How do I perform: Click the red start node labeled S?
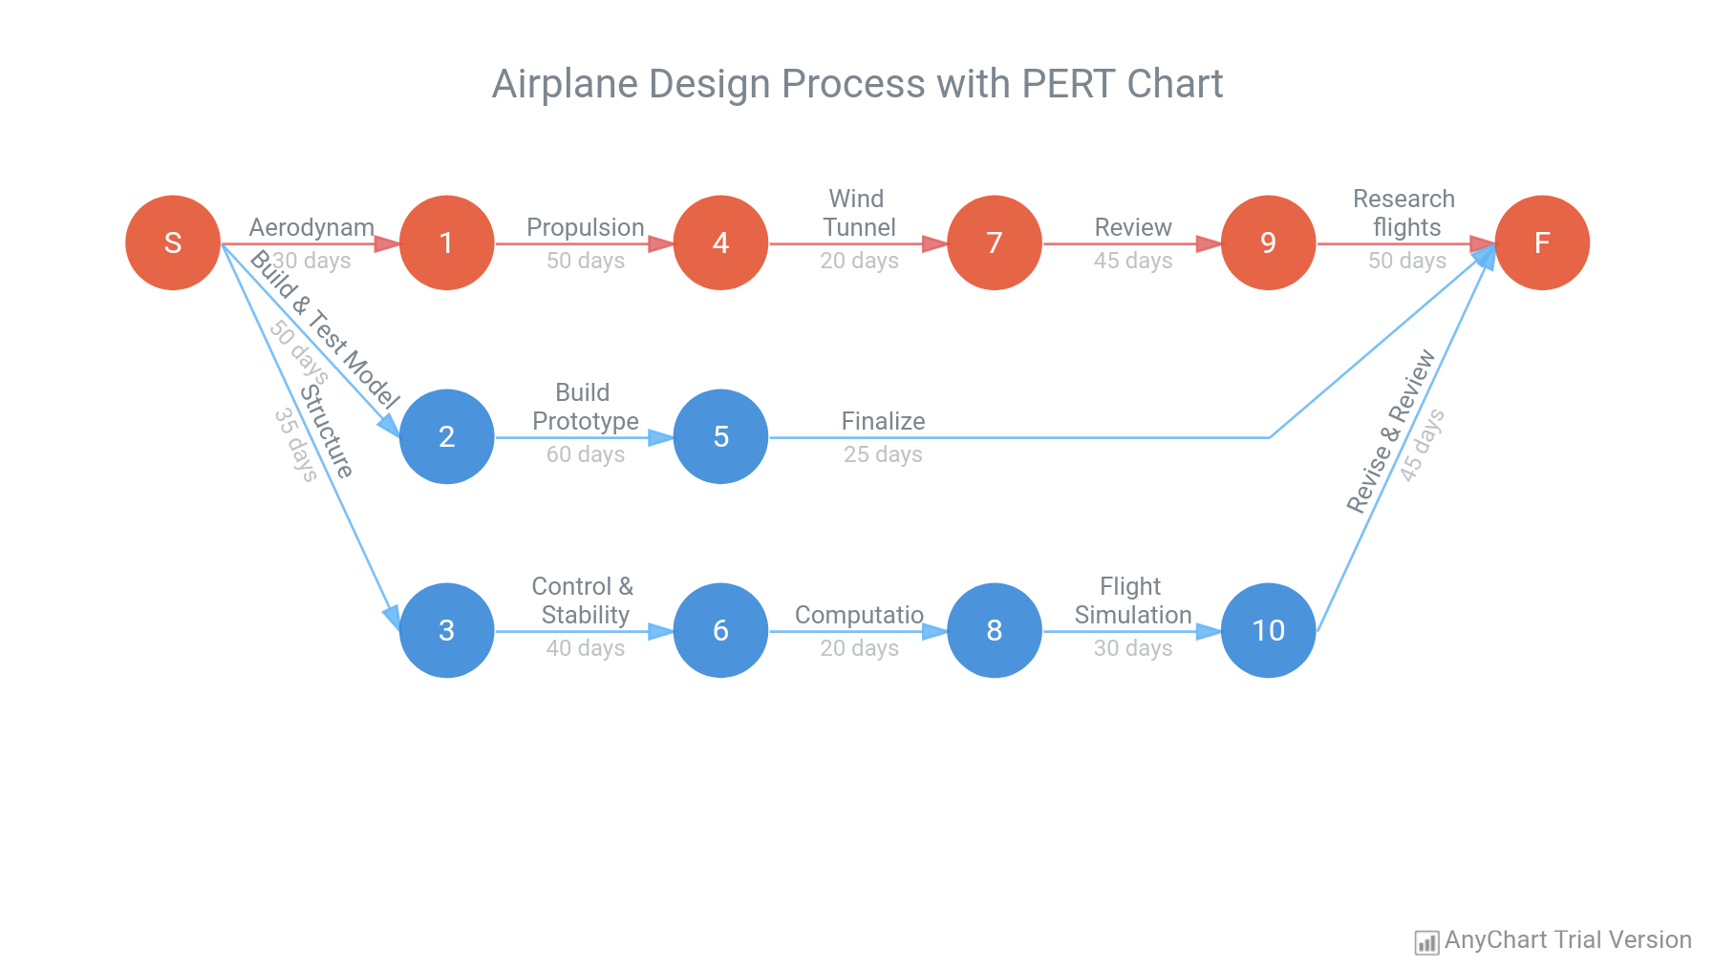[x=173, y=242]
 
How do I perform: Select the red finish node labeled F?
[x=1541, y=242]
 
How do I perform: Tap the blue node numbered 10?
[x=1268, y=630]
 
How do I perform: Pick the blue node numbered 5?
[x=720, y=436]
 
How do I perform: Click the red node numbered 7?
[x=994, y=242]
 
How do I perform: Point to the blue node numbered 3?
[x=446, y=630]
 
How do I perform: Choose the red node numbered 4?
[x=720, y=242]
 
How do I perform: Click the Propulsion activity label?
[x=585, y=227]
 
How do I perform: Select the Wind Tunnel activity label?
[x=858, y=213]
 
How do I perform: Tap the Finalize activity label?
[x=883, y=421]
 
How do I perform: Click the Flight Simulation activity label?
[x=1132, y=600]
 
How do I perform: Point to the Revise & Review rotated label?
[x=1390, y=432]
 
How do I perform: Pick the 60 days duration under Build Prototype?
[x=585, y=454]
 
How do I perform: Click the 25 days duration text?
[x=883, y=454]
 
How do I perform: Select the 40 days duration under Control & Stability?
[x=585, y=648]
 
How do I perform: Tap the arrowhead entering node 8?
[x=934, y=631]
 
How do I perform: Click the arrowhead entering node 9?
[x=1209, y=243]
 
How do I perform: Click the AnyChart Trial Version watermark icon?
[x=1425, y=942]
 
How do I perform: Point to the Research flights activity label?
[x=1404, y=213]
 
